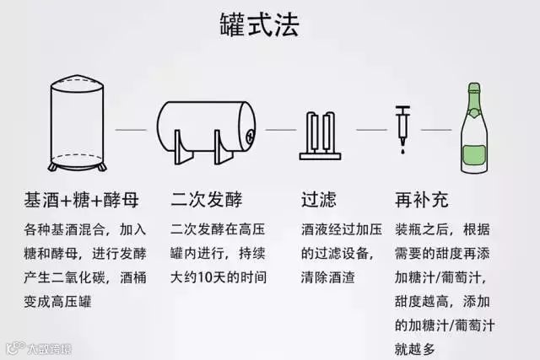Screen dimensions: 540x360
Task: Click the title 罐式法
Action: pyautogui.click(x=270, y=24)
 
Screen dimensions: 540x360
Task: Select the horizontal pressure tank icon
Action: pyautogui.click(x=207, y=131)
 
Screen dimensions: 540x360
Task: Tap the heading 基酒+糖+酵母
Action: pyautogui.click(x=81, y=201)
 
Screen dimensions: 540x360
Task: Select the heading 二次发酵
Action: pyautogui.click(x=207, y=201)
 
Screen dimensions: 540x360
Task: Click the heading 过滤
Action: pyautogui.click(x=319, y=201)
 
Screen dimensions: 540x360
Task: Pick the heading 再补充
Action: pyautogui.click(x=422, y=201)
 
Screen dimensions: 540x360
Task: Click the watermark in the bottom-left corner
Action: pyautogui.click(x=38, y=347)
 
